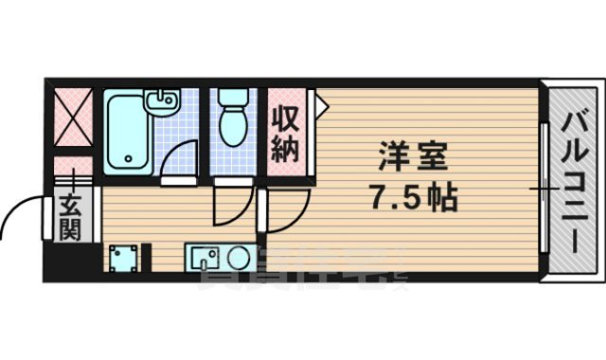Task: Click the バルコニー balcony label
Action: click(x=574, y=180)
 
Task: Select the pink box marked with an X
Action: click(x=72, y=120)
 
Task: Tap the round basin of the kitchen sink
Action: click(x=234, y=257)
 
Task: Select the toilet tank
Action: click(x=232, y=99)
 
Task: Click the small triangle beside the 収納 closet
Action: click(x=320, y=105)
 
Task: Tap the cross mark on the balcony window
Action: click(x=543, y=189)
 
